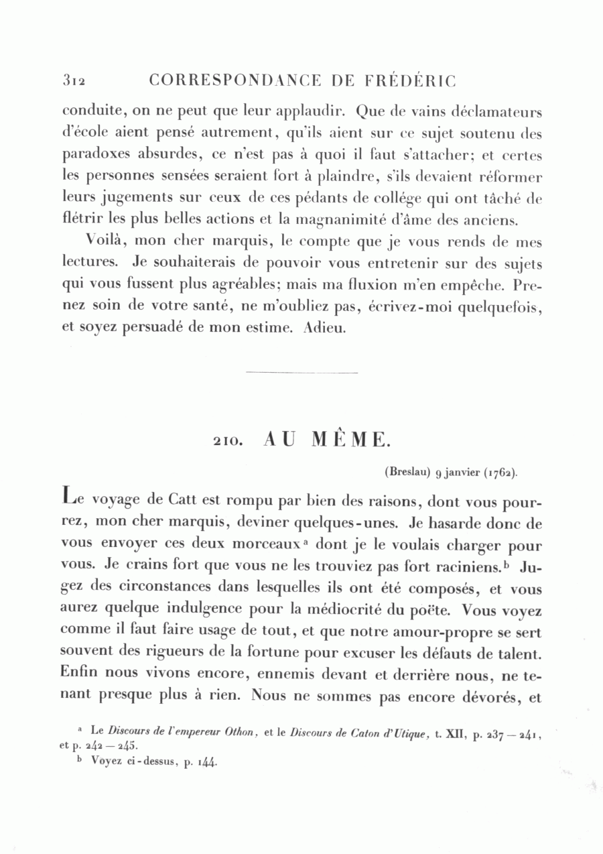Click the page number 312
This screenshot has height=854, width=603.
click(x=72, y=81)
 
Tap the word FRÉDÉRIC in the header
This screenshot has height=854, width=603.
click(x=411, y=81)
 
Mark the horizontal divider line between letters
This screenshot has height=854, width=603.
click(x=302, y=372)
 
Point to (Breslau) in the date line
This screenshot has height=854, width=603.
click(x=407, y=472)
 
